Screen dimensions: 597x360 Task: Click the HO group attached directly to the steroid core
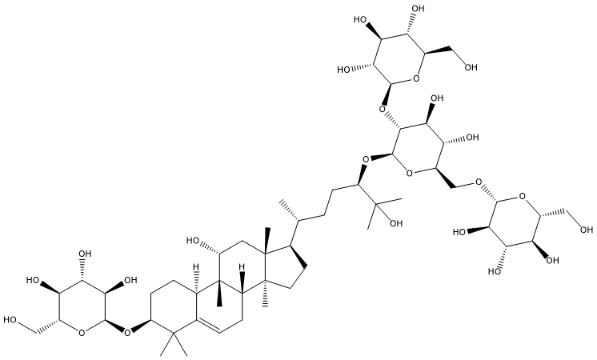pos(193,241)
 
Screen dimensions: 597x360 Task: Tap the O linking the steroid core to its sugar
pos(128,333)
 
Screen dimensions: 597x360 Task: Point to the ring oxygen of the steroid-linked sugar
pos(82,333)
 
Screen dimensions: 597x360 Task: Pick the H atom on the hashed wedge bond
pos(196,264)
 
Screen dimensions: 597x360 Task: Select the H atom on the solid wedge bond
pos(242,264)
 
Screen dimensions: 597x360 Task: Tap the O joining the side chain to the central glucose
pos(365,158)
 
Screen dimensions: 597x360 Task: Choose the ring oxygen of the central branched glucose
pos(408,174)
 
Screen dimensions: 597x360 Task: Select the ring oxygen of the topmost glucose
pos(416,79)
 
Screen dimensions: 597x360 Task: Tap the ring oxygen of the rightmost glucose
pos(523,197)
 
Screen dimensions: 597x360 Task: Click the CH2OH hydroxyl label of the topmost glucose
pos(471,68)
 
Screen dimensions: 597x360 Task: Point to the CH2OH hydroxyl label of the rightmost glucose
pos(587,230)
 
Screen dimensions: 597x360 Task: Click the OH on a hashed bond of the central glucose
pos(472,138)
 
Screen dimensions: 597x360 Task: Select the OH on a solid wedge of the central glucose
pos(437,98)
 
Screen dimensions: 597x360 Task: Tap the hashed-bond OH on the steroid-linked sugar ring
pos(85,254)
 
